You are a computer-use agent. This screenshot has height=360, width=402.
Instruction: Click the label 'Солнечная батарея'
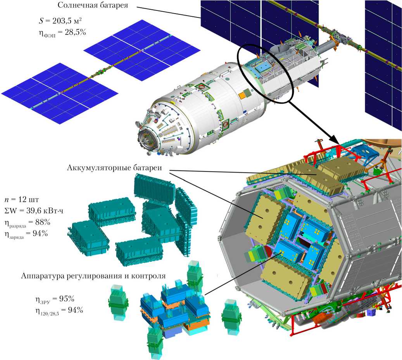(x=93, y=5)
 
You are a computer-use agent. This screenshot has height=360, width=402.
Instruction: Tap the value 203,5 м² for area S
(x=67, y=21)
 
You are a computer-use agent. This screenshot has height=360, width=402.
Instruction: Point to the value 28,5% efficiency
(x=75, y=32)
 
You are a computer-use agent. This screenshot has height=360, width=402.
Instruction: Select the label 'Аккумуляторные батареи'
(x=115, y=168)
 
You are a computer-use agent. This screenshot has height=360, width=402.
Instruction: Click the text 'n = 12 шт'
(x=22, y=200)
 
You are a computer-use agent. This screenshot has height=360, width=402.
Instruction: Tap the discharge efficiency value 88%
(x=43, y=222)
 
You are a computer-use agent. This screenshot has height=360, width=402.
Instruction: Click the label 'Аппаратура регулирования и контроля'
(x=93, y=276)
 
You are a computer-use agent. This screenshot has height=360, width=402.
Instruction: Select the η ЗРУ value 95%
(x=67, y=299)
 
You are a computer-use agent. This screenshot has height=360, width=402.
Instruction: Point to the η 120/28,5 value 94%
(x=75, y=310)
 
